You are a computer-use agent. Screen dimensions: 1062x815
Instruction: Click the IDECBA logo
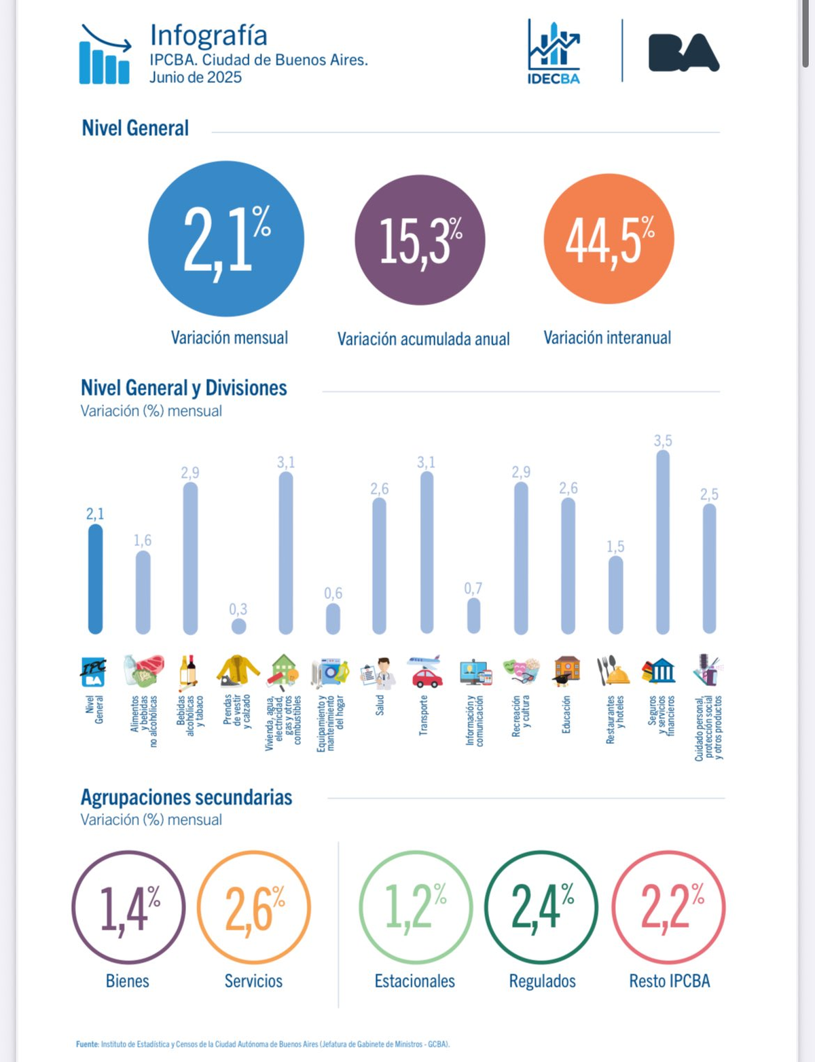point(554,52)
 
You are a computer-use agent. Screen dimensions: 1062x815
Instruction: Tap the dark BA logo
point(683,53)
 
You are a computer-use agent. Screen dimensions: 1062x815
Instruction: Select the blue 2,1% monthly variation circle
point(226,238)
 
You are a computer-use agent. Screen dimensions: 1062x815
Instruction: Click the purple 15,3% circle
point(420,240)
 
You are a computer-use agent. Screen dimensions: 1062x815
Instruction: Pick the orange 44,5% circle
point(609,239)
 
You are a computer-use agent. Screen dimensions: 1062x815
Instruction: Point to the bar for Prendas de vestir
point(238,626)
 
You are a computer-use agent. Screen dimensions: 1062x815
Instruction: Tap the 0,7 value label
point(473,588)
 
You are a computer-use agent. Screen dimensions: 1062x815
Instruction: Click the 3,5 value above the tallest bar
point(663,441)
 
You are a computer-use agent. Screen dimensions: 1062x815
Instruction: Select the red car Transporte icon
point(426,672)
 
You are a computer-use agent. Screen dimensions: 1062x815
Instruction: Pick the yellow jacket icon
point(238,671)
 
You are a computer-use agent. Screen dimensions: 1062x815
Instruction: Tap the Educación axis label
point(566,714)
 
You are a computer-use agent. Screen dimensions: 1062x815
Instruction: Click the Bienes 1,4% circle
point(128,907)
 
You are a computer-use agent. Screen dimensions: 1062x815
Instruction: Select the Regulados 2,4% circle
point(541,907)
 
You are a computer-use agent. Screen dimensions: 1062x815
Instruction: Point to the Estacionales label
point(415,981)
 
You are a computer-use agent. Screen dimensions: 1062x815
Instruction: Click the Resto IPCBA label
point(669,981)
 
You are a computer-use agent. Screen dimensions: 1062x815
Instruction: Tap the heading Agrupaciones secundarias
point(187,797)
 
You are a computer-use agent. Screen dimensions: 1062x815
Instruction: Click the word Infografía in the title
point(209,35)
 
